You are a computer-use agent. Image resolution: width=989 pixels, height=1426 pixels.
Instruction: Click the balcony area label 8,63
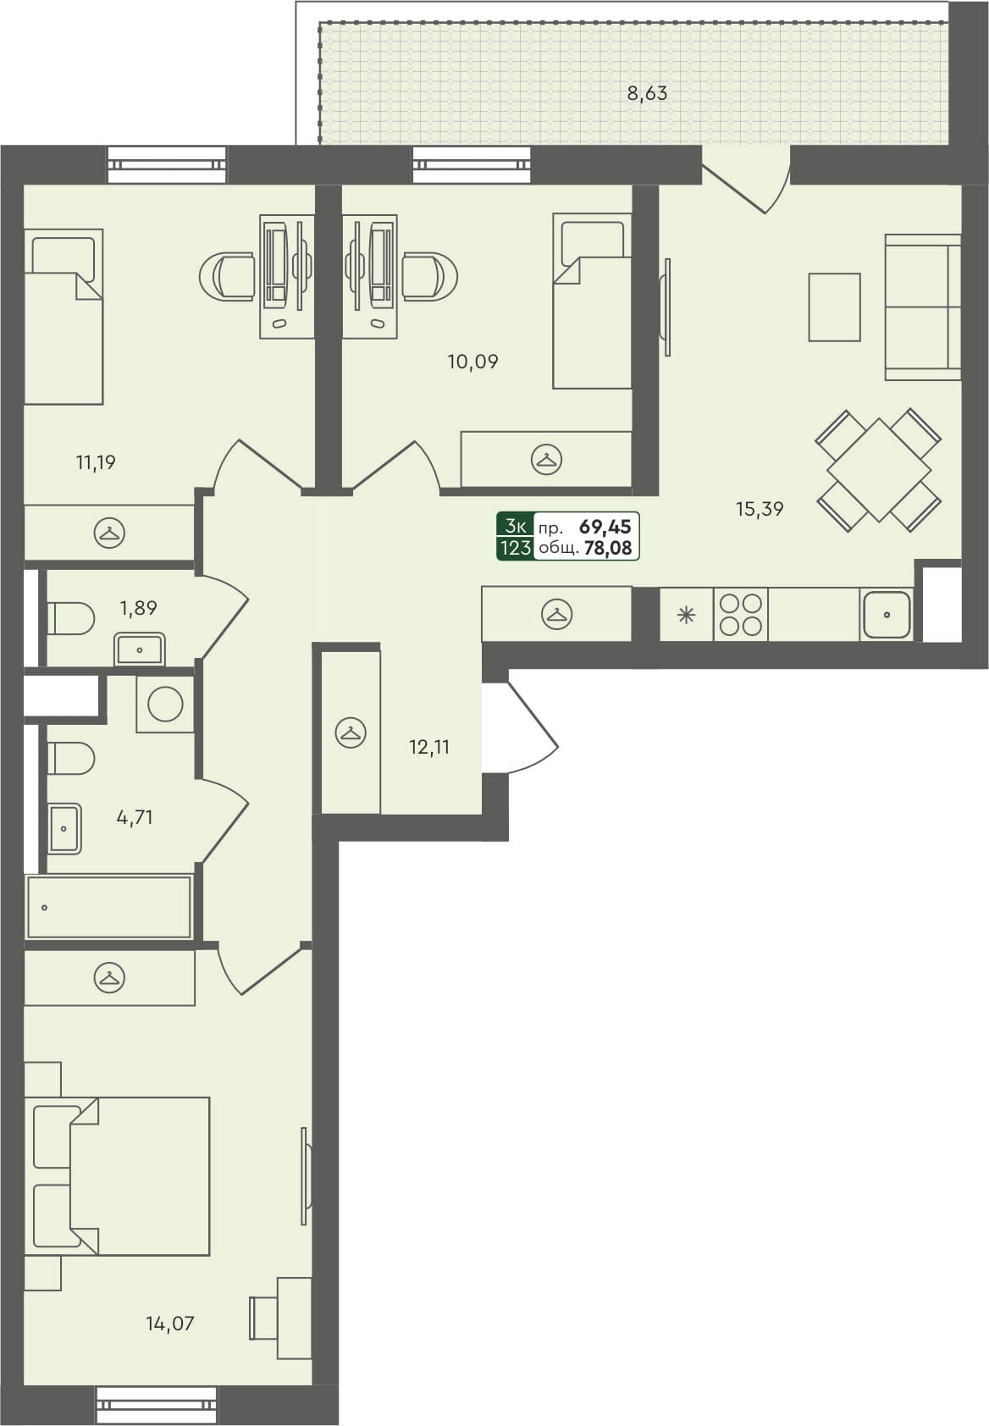647,93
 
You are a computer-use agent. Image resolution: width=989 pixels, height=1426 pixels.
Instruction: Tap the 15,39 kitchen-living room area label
759,509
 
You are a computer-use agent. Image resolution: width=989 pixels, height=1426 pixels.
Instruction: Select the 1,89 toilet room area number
138,607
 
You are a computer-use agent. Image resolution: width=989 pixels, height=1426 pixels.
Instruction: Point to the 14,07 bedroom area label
169,1323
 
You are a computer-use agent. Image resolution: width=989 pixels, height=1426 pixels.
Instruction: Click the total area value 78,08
608,548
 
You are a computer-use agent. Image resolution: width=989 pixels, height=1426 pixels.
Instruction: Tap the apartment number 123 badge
516,548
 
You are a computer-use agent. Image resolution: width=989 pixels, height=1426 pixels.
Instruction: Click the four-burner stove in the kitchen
741,615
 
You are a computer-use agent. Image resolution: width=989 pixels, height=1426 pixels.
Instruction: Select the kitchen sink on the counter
886,615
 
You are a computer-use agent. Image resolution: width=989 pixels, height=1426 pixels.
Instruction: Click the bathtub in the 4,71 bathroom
108,907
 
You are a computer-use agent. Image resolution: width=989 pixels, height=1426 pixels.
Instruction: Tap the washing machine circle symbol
165,704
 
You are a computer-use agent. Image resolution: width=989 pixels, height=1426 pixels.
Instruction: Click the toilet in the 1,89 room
69,618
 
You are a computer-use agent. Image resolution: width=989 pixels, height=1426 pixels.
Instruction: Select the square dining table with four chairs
878,470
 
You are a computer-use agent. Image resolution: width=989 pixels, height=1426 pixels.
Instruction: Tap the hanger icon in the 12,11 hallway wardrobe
350,732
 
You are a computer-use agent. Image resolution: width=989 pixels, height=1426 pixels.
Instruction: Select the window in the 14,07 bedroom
157,1405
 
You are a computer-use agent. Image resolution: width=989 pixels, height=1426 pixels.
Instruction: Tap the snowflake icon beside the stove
686,615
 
